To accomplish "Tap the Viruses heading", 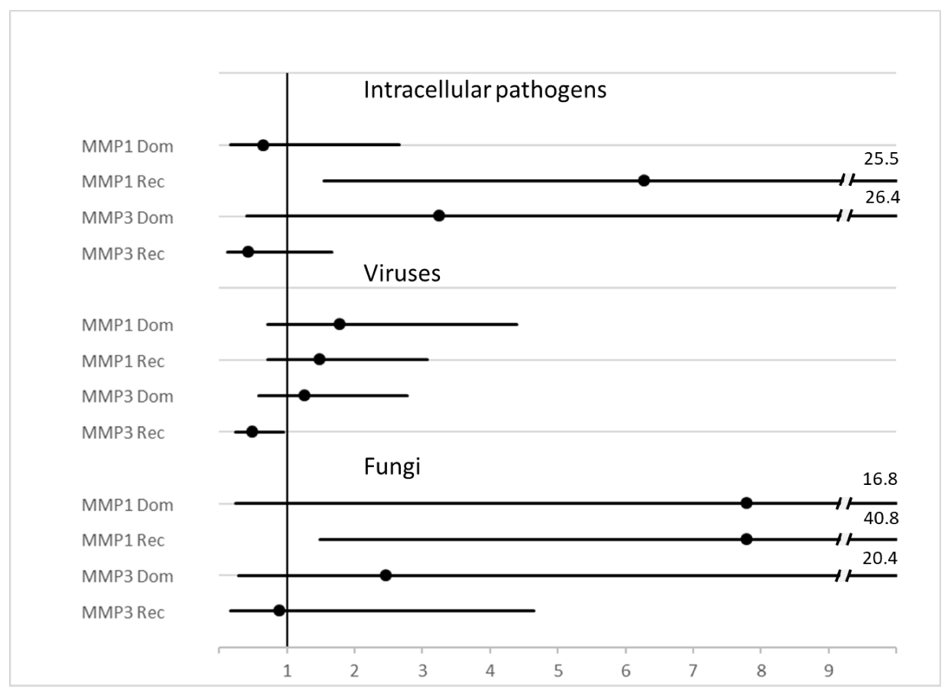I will click(x=402, y=273).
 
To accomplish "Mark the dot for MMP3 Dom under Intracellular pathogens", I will click(x=439, y=216).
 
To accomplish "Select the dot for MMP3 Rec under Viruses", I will click(x=252, y=432).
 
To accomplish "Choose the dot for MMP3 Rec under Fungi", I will click(x=279, y=611).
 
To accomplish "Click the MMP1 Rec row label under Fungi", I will click(x=123, y=540).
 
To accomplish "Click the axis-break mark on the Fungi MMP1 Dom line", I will click(x=844, y=503).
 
